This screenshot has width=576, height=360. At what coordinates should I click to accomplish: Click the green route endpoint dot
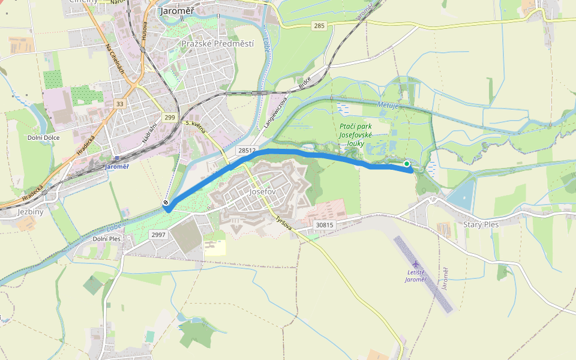(407, 163)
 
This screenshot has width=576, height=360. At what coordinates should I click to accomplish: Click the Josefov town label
(262, 193)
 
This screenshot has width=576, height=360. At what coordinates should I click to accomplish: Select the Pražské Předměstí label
(217, 44)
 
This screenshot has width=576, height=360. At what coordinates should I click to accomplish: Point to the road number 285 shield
(319, 26)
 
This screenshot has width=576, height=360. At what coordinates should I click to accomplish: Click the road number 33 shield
(120, 104)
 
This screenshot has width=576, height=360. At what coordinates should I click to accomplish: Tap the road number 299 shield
(170, 118)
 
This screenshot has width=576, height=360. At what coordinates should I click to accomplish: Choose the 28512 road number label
(247, 151)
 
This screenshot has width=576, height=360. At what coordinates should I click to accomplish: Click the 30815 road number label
(323, 225)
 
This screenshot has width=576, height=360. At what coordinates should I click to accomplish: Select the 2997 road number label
(158, 235)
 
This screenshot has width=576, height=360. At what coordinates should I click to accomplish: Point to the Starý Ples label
(481, 224)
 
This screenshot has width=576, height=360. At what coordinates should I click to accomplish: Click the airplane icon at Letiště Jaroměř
(415, 264)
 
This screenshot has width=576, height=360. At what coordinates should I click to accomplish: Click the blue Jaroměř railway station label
(116, 166)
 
